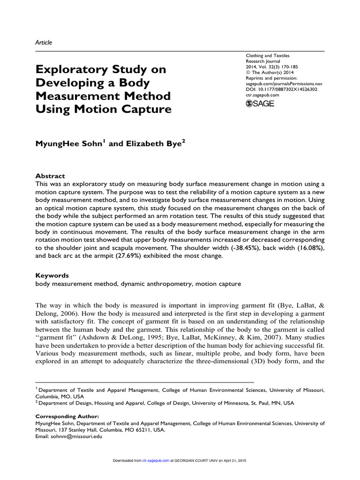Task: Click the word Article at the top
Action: click(44, 42)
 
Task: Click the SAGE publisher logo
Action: click(260, 104)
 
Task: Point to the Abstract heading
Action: click(50, 176)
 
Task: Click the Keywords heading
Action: click(52, 275)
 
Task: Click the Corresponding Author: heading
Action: click(67, 416)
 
